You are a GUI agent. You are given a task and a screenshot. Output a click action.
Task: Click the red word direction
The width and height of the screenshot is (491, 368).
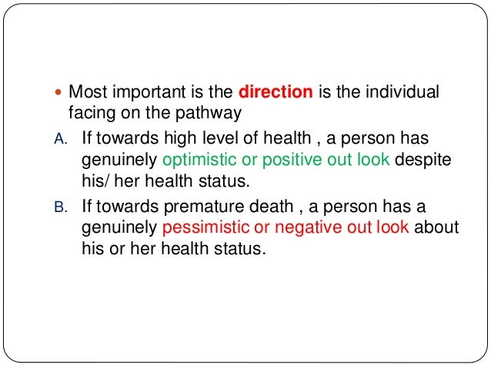tap(276, 93)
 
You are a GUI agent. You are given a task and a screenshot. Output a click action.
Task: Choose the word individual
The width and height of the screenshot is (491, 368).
tap(407, 93)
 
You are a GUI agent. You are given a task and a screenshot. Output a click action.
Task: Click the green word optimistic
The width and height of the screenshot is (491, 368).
tap(199, 160)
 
